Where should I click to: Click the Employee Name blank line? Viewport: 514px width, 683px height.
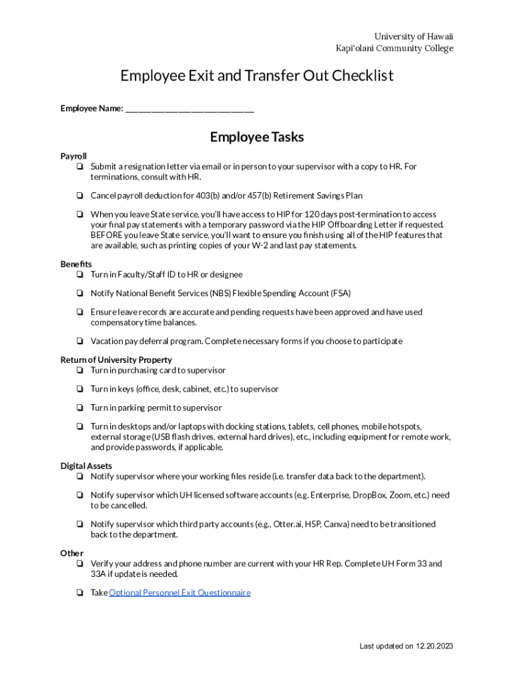point(189,109)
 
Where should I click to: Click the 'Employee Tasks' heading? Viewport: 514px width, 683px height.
point(257,137)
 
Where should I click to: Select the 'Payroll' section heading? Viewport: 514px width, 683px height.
point(73,156)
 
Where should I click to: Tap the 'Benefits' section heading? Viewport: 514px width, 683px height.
point(76,264)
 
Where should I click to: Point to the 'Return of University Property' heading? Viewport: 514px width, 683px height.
point(116,360)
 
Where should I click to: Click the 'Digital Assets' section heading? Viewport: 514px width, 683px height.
point(86,466)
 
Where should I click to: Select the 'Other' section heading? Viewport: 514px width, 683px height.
point(71,554)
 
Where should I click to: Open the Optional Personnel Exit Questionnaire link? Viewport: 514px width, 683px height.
point(180,592)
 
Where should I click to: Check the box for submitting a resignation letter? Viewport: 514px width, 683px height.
point(79,167)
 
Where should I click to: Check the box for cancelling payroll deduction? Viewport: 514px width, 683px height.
point(79,196)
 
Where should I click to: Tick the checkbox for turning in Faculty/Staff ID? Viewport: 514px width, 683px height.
point(79,275)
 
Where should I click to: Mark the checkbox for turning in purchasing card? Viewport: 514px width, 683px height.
point(79,371)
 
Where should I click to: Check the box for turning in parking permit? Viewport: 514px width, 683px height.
point(79,408)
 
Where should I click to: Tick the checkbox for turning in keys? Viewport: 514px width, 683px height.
point(79,390)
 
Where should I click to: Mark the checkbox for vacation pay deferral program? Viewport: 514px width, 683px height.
point(79,341)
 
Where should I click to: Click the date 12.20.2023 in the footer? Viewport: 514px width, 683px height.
point(435,646)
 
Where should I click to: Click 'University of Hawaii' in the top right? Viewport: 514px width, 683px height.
point(413,37)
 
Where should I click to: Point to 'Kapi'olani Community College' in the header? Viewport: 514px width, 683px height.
point(395,49)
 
